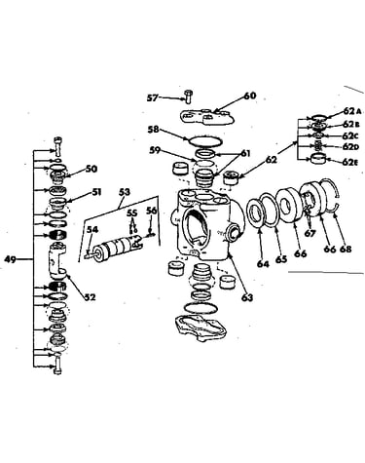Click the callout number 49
(10, 259)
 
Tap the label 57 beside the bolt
(153, 97)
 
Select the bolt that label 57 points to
(188, 96)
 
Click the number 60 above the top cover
(249, 96)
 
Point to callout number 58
(153, 130)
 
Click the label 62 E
(350, 162)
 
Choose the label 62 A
(351, 111)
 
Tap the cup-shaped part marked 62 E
(318, 159)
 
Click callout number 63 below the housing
(247, 297)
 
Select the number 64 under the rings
(263, 263)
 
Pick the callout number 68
(346, 250)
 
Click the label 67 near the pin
(310, 233)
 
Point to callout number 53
(124, 192)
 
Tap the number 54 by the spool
(92, 229)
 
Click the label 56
(151, 211)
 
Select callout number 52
(91, 296)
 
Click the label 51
(95, 192)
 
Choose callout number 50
(91, 169)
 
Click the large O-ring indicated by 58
(205, 140)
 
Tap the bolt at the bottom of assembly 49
(57, 366)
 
